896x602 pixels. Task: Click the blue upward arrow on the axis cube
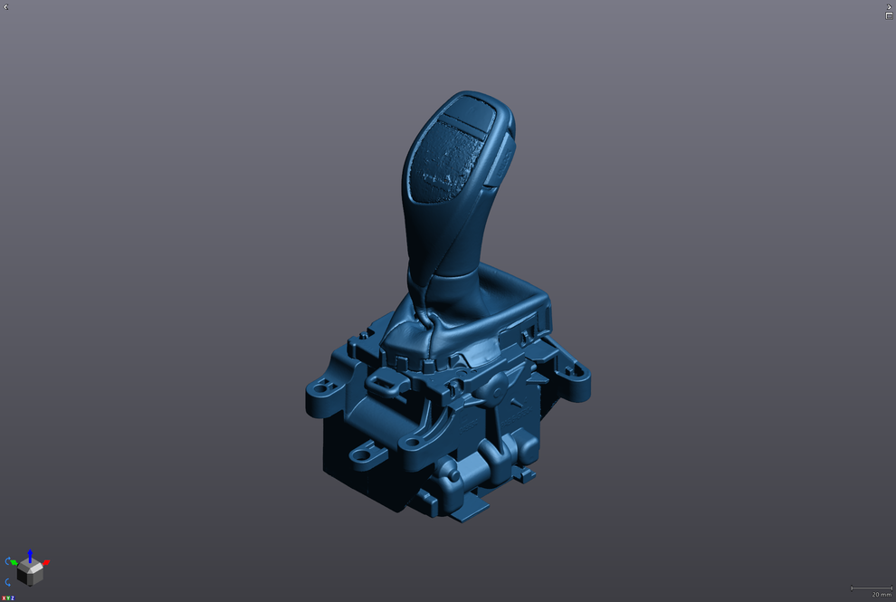29,554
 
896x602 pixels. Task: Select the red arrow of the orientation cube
45,563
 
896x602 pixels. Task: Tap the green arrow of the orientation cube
14,562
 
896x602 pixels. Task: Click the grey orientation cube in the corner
29,573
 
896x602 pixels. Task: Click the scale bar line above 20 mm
871,588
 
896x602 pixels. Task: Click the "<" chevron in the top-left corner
6,7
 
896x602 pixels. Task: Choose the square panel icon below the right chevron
889,16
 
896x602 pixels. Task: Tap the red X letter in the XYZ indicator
4,598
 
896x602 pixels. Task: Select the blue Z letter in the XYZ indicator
13,598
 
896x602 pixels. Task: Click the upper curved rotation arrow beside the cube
9,561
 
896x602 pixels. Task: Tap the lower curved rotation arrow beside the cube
9,582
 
